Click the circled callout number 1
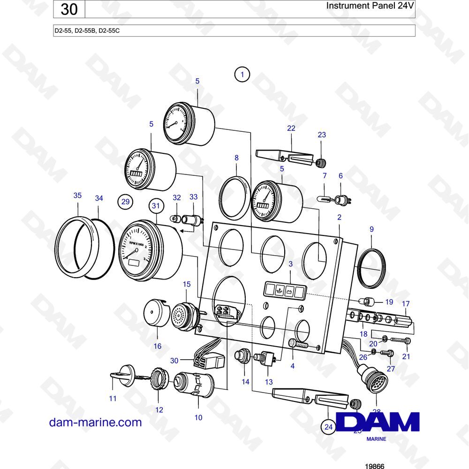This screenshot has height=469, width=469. coord(242,74)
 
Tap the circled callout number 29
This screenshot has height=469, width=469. coord(125,202)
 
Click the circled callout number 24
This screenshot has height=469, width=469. coord(328,426)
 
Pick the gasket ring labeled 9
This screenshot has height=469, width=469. coord(371,268)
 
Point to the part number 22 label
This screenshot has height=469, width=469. coord(291,129)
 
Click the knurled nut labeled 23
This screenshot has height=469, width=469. coord(321,162)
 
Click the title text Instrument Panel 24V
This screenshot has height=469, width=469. coord(364,7)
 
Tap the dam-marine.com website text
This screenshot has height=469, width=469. coord(95,422)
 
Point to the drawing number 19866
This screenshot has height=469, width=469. coord(374,466)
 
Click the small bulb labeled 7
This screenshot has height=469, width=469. coord(325,199)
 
